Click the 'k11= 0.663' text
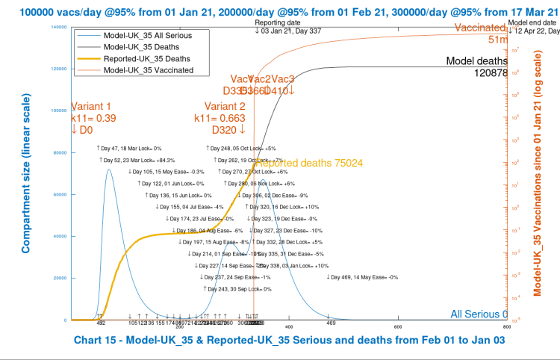click(x=220, y=118)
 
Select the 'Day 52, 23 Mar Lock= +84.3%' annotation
click(x=140, y=160)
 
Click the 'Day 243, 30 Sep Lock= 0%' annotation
click(x=237, y=288)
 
